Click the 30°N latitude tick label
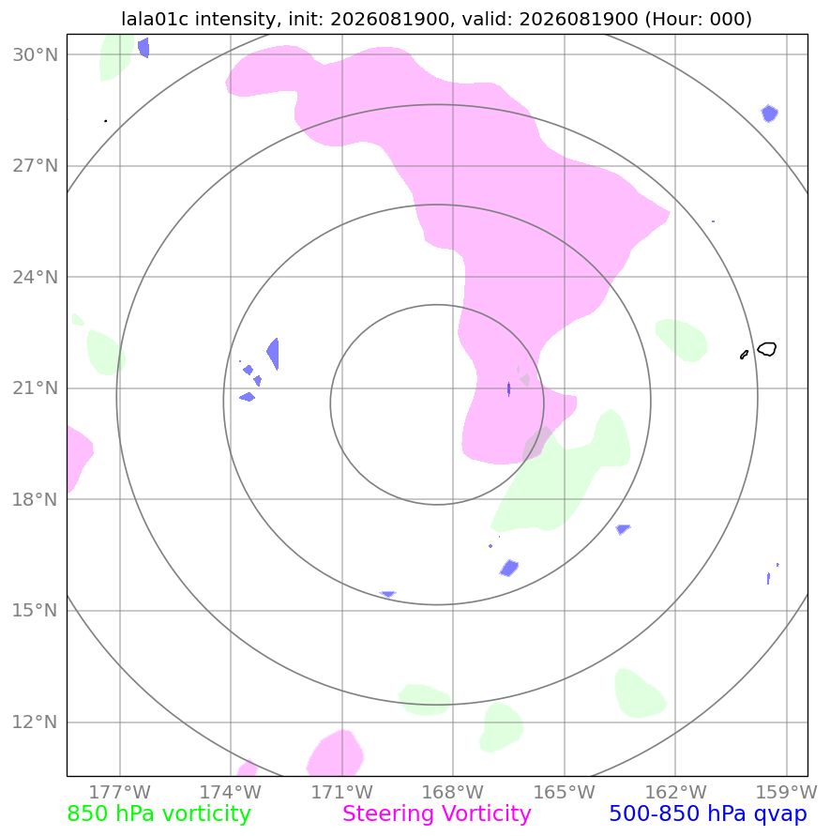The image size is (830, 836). [x=35, y=54]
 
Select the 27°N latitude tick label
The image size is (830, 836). [x=35, y=166]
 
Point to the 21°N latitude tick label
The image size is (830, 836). [x=35, y=388]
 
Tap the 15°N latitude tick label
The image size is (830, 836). [x=35, y=611]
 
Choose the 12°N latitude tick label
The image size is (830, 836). [x=35, y=722]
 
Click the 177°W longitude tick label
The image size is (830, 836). [x=119, y=792]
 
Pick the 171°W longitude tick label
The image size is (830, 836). [x=341, y=792]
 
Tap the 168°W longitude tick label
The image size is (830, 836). [x=453, y=792]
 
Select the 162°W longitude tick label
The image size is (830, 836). [x=675, y=792]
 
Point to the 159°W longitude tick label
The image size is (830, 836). [x=786, y=792]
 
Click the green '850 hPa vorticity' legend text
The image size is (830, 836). [x=158, y=814]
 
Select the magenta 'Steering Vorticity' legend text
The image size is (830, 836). [x=437, y=814]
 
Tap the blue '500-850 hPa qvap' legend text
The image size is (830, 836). [x=708, y=814]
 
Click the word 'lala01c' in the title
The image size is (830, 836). [x=156, y=19]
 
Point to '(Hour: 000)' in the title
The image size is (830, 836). [x=699, y=19]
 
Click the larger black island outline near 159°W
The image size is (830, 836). [x=767, y=349]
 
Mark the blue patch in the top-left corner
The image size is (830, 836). [x=143, y=48]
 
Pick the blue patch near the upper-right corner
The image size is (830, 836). [x=769, y=114]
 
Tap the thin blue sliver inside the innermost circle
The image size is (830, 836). [x=508, y=389]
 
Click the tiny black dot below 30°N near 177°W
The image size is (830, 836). [x=106, y=121]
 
